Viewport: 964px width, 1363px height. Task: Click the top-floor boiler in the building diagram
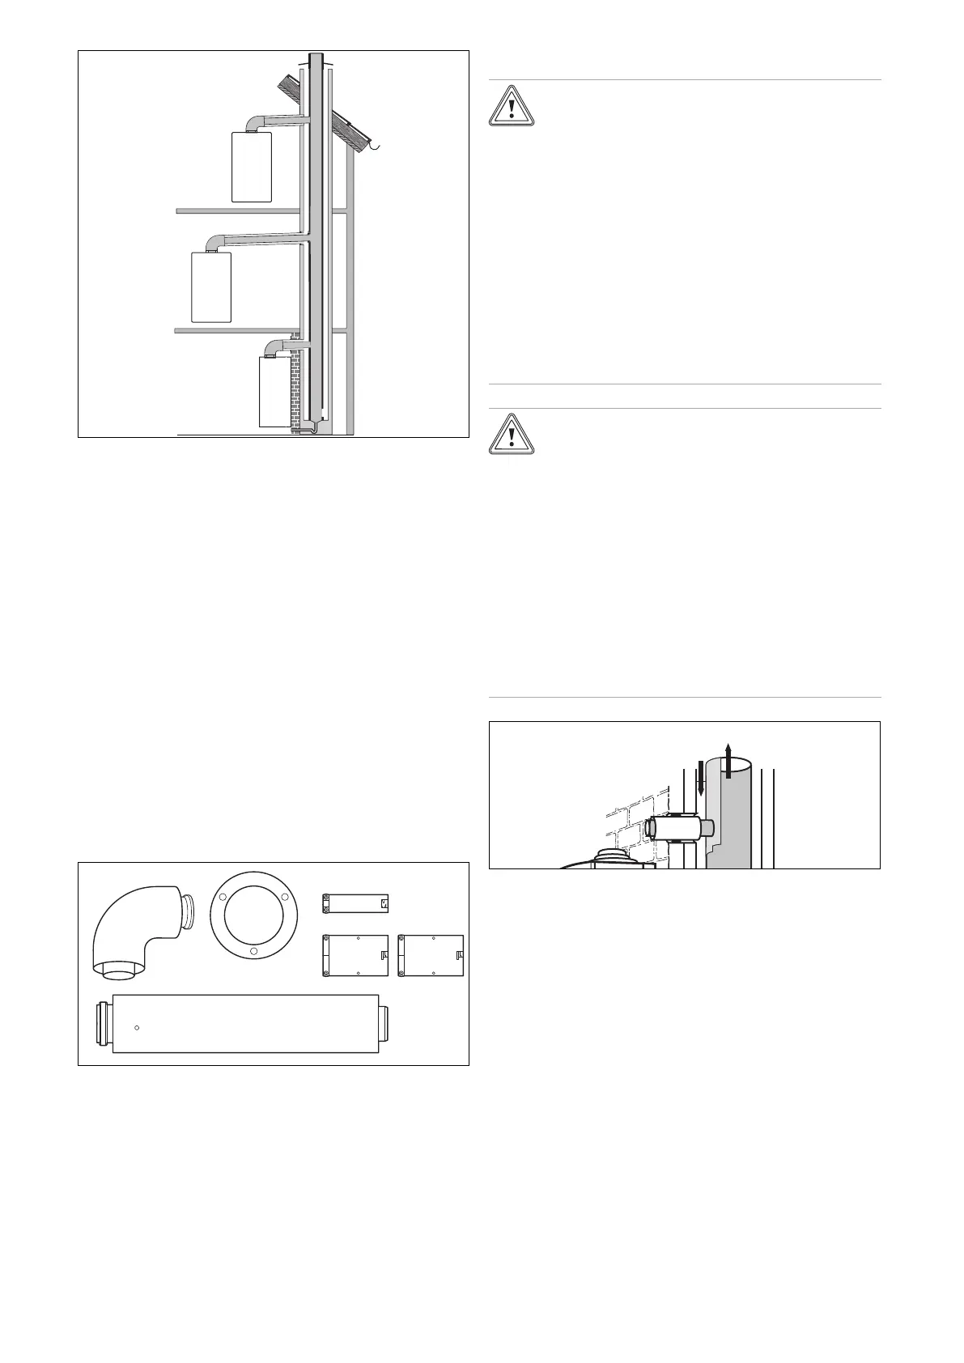[x=251, y=167]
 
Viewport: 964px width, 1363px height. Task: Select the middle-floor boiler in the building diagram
[x=210, y=287]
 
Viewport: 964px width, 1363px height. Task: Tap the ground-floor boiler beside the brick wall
[x=274, y=392]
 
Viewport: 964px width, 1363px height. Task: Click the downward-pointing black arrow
[x=701, y=777]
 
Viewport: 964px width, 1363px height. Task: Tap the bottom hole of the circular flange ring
[x=253, y=952]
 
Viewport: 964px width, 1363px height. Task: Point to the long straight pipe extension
[x=245, y=1024]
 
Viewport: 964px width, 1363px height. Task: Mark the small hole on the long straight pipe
[x=138, y=1028]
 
